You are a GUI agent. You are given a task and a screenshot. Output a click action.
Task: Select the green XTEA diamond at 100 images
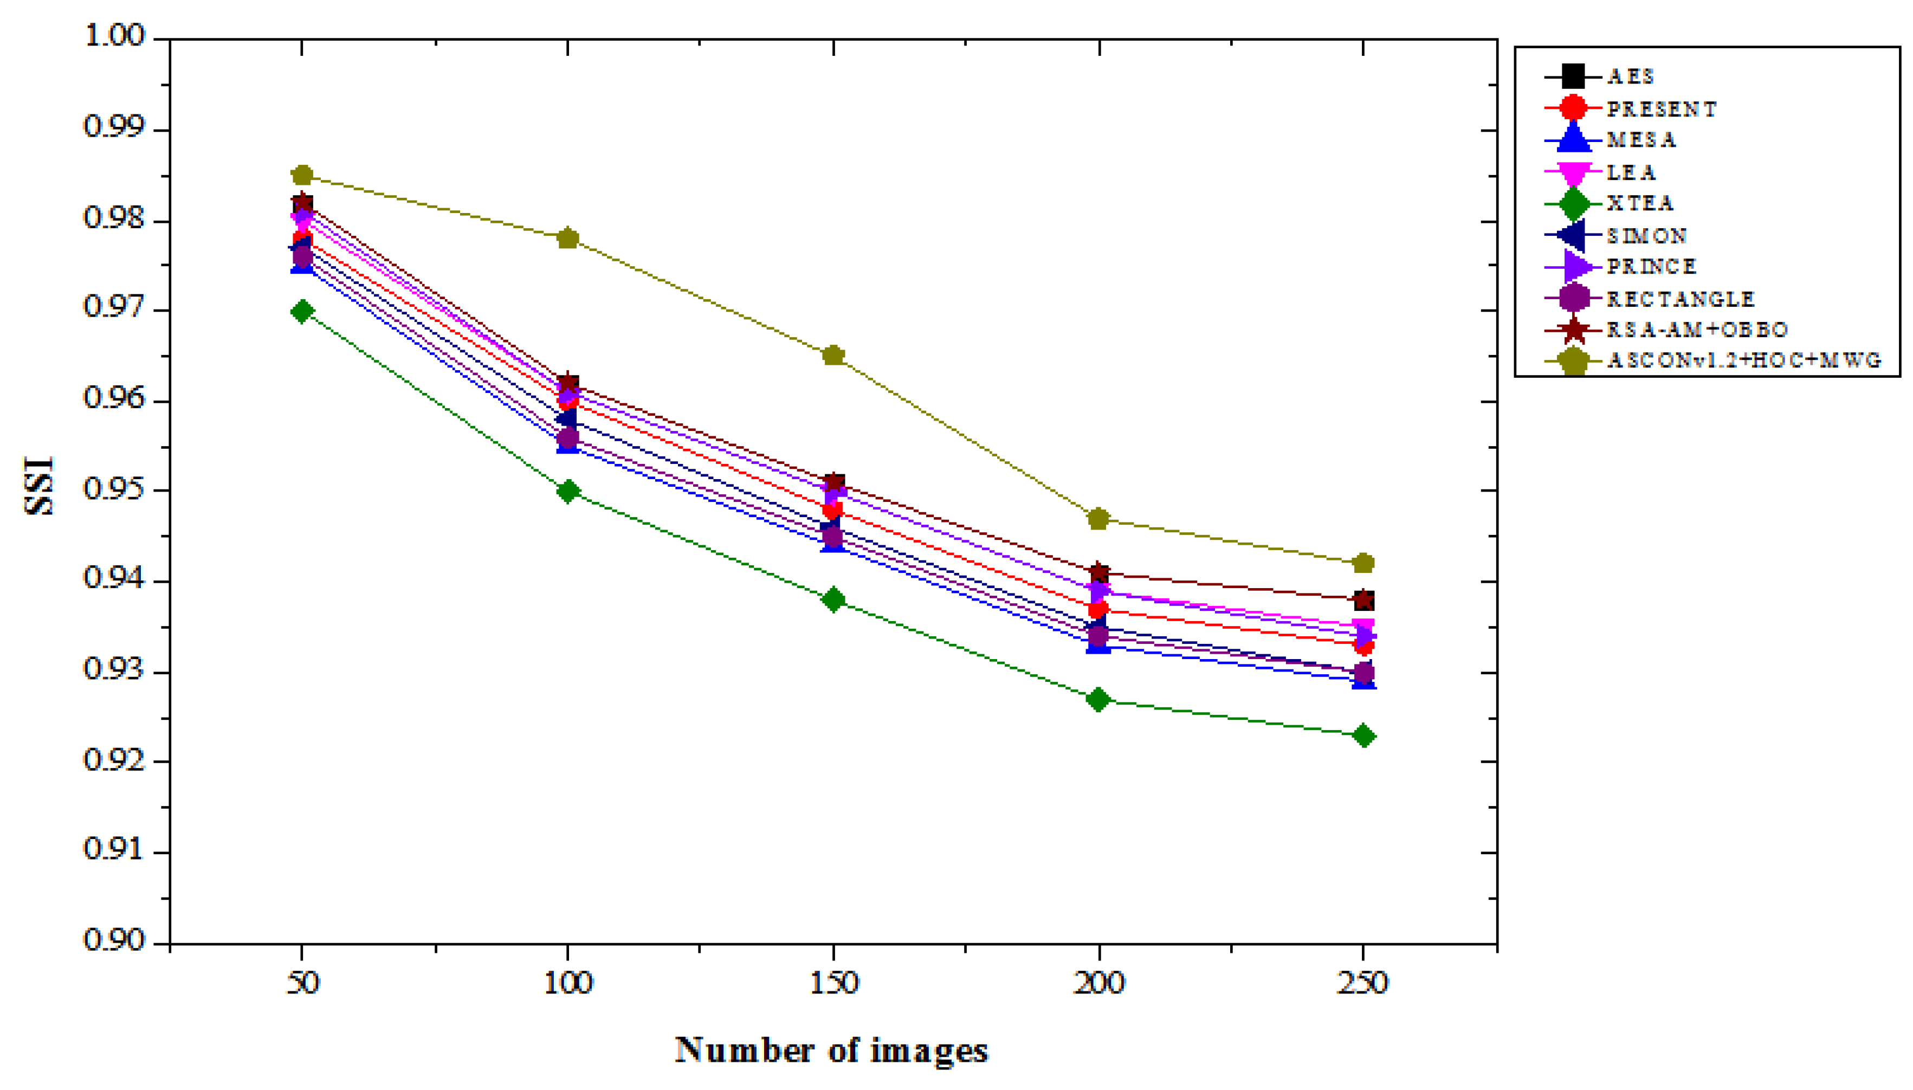(567, 491)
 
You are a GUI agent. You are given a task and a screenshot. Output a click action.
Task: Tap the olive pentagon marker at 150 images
(833, 355)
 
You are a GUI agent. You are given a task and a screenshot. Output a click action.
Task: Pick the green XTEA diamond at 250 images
(1363, 736)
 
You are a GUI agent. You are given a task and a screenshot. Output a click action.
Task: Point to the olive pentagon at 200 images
(1098, 518)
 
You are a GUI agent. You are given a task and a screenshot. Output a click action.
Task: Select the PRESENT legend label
(1661, 109)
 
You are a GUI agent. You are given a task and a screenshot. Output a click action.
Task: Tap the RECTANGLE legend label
(1679, 299)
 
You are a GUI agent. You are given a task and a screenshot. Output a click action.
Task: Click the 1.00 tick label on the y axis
(114, 35)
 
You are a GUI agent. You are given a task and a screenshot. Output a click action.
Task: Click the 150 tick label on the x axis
(833, 983)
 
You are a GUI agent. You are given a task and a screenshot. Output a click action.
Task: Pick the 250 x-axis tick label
(1363, 983)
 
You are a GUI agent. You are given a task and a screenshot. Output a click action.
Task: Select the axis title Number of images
(831, 1050)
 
